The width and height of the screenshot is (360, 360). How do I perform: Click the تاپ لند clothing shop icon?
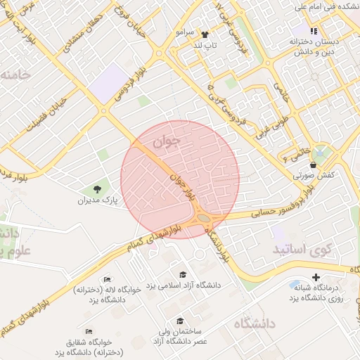click(x=205, y=34)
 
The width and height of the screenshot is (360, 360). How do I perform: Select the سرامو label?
click(x=186, y=33)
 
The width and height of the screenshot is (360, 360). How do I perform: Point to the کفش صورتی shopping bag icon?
click(x=312, y=165)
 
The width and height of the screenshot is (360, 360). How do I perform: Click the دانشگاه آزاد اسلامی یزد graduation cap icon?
click(x=183, y=274)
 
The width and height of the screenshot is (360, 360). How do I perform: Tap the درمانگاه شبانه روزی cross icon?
click(x=315, y=277)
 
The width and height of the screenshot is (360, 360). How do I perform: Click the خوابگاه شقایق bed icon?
click(x=89, y=330)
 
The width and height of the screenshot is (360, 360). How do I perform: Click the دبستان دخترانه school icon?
click(x=314, y=31)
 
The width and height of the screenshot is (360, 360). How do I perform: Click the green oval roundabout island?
click(x=204, y=219)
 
